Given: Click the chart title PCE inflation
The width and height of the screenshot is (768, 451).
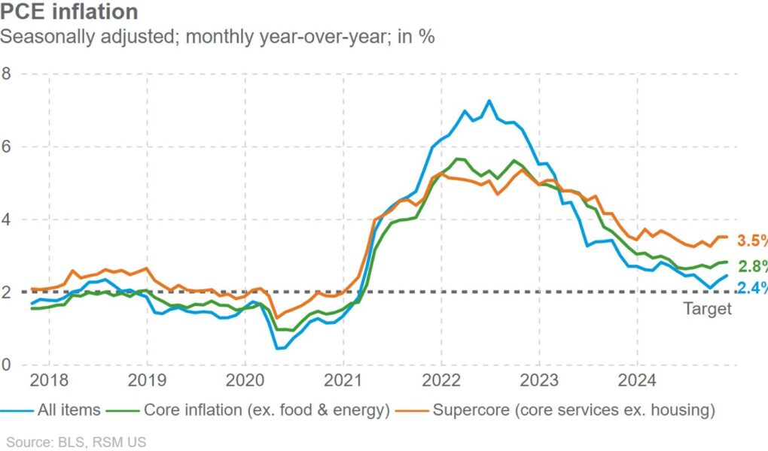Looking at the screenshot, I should tap(69, 12).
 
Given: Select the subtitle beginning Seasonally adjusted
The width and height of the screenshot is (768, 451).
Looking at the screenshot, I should tap(218, 36).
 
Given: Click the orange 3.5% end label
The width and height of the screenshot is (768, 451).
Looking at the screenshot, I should tap(751, 241).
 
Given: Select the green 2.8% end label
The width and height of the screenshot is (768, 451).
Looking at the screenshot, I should tap(751, 266).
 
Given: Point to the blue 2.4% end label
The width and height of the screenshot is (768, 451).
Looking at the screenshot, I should tap(751, 287).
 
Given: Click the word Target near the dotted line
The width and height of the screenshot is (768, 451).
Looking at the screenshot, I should tap(707, 309).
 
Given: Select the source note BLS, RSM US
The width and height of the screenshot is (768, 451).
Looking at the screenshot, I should tap(76, 442).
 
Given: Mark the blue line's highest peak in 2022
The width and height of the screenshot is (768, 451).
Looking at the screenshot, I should tap(489, 100).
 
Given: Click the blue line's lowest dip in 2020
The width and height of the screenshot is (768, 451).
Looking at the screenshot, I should tap(277, 348).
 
